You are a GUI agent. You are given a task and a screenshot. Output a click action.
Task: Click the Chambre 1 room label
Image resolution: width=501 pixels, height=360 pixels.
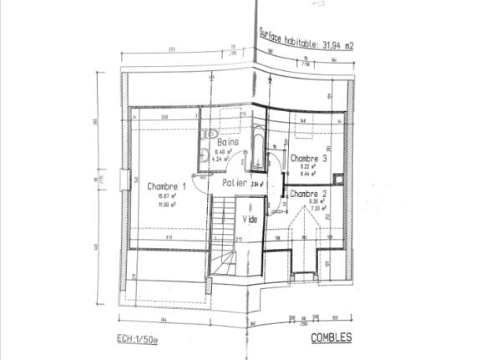click(x=166, y=186)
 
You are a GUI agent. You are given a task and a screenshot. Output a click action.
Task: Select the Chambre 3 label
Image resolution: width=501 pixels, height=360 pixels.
click(x=308, y=158)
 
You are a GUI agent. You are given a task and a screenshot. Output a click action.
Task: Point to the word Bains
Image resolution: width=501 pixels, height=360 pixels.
click(x=227, y=142)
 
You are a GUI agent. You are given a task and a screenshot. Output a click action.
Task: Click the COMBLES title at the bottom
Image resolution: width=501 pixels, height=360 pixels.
click(x=331, y=338)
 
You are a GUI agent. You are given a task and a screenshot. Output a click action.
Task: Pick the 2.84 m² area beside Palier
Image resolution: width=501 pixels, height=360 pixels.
click(x=257, y=184)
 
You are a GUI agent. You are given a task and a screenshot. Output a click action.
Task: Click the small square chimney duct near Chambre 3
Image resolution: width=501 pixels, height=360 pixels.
click(x=337, y=178)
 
